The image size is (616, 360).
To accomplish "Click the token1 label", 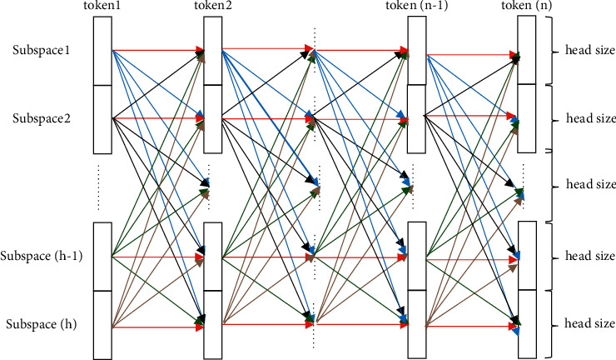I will [102, 7].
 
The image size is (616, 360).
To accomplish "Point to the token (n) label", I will [527, 7].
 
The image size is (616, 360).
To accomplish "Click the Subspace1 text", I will [42, 50].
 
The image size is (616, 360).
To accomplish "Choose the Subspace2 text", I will [42, 118].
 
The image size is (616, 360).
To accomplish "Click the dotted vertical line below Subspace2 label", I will [99, 187].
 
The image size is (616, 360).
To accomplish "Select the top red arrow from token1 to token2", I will [158, 51].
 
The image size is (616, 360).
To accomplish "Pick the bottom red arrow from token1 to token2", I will [158, 327].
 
